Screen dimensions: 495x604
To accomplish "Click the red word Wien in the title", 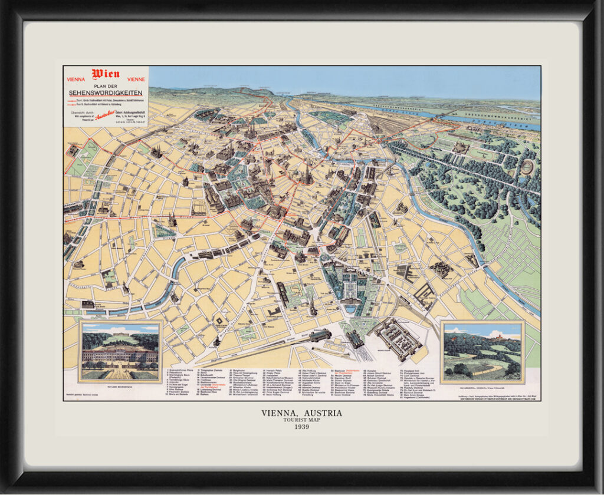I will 106,74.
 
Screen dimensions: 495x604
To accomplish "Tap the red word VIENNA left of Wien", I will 76,79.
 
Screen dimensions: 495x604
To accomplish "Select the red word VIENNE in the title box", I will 136,79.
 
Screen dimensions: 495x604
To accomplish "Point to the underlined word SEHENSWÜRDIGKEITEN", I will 106,93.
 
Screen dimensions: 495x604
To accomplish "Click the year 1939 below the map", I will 301,427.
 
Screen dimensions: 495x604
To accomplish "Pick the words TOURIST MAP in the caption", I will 301,421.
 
